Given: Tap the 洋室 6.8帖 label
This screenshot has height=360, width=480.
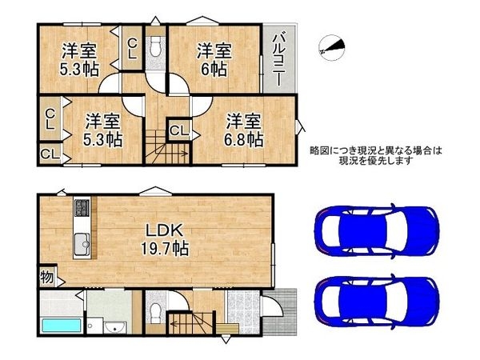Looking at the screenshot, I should click(243, 130).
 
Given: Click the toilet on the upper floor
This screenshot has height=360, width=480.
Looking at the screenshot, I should click(156, 46).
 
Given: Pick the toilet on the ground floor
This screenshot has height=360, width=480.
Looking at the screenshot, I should click(156, 309).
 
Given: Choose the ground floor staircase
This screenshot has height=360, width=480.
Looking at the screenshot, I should click(193, 324).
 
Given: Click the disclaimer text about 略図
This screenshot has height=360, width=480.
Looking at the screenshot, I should click(375, 155).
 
